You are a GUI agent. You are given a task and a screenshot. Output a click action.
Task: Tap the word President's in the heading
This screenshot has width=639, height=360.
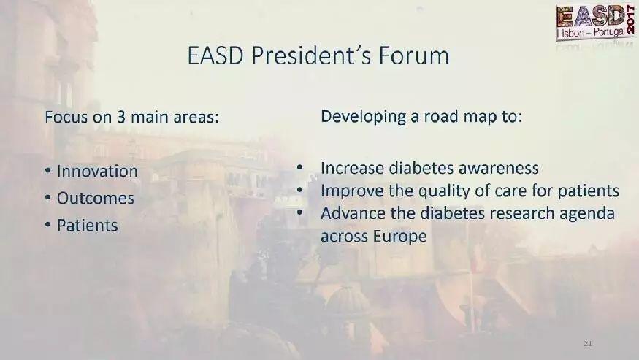pyautogui.click(x=311, y=55)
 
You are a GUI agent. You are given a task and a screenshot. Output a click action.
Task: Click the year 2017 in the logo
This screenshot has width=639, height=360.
pyautogui.click(x=630, y=20)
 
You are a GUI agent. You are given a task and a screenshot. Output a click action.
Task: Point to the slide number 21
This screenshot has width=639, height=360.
pyautogui.click(x=588, y=344)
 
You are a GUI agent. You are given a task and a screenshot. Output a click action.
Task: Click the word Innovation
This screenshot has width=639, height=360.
pyautogui.click(x=97, y=171)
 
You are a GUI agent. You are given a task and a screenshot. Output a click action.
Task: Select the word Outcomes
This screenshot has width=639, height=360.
pyautogui.click(x=96, y=198)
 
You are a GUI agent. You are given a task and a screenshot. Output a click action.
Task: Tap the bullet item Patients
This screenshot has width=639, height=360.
pyautogui.click(x=87, y=226)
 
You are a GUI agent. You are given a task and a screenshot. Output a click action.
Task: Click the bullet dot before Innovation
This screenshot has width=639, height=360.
pyautogui.click(x=48, y=171)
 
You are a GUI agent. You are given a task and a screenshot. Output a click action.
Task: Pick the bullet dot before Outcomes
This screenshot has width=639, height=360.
pyautogui.click(x=48, y=198)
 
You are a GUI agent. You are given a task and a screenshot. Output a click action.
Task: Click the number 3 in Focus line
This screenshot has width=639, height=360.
pyautogui.click(x=121, y=118)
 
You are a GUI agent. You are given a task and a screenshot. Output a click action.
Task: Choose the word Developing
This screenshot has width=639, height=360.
pyautogui.click(x=364, y=117)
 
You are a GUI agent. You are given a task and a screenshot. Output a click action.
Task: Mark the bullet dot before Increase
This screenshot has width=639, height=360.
pyautogui.click(x=300, y=166)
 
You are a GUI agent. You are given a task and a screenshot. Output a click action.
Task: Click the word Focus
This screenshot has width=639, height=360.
pyautogui.click(x=66, y=118)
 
